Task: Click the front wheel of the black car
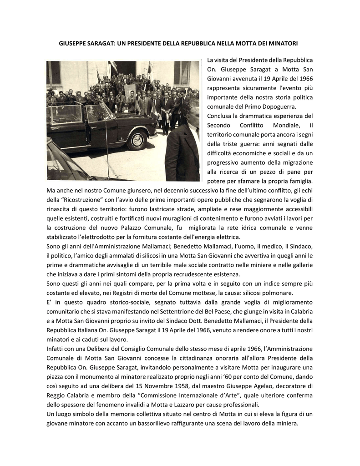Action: (137, 139)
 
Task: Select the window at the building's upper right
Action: (182, 73)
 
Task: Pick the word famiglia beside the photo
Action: (299, 181)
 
